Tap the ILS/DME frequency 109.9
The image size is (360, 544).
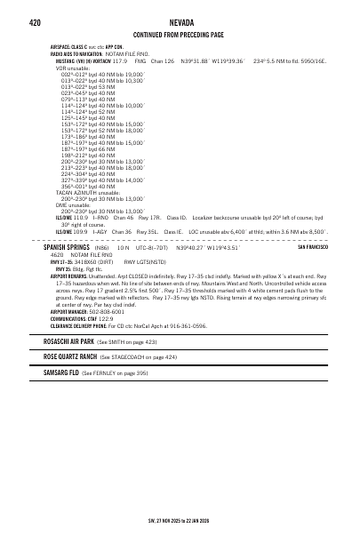pos(80,231)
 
